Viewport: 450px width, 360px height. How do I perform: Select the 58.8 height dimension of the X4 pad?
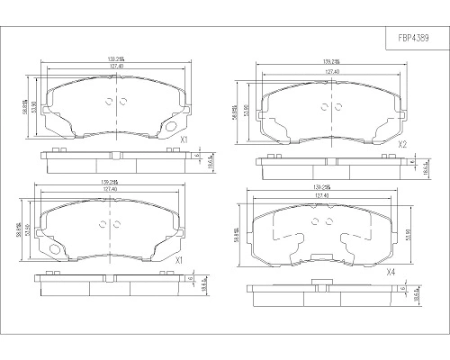[x=236, y=231]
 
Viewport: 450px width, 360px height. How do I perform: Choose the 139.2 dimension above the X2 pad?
[x=331, y=62]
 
